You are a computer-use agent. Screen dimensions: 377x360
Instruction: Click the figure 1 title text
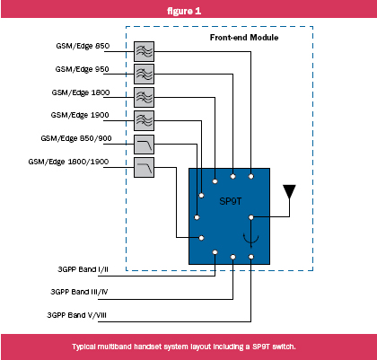[x=184, y=11]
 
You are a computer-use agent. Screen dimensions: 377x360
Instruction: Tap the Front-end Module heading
[x=244, y=38]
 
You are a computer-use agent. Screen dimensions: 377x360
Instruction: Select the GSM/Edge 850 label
[x=83, y=46]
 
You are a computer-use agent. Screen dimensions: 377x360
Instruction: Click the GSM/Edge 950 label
[x=82, y=69]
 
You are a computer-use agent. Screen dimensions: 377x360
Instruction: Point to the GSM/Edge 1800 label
[x=81, y=92]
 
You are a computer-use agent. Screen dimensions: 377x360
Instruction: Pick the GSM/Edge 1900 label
[x=80, y=115]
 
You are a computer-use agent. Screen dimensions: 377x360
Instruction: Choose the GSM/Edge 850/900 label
[x=76, y=138]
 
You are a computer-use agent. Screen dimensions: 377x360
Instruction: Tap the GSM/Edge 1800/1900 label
[x=68, y=162]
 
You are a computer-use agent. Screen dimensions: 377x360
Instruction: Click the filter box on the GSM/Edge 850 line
[x=144, y=51]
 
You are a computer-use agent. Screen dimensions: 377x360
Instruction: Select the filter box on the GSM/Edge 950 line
[x=144, y=74]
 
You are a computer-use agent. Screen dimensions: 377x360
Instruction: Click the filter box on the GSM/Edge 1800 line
[x=144, y=97]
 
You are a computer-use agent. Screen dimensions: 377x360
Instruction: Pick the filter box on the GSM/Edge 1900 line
[x=144, y=120]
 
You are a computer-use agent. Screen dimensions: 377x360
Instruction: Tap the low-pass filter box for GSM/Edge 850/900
[x=144, y=145]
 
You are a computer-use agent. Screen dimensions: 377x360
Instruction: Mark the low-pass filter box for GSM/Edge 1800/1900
[x=144, y=167]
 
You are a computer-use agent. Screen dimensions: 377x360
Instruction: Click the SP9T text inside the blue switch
[x=231, y=201]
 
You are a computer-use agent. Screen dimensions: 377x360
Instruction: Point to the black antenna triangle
[x=289, y=191]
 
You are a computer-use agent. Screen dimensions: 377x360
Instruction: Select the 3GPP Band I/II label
[x=83, y=269]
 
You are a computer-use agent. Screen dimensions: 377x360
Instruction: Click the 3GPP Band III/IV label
[x=79, y=292]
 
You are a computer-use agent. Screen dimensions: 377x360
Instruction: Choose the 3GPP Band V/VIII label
[x=76, y=315]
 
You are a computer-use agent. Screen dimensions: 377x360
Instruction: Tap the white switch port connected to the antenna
[x=251, y=217]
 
